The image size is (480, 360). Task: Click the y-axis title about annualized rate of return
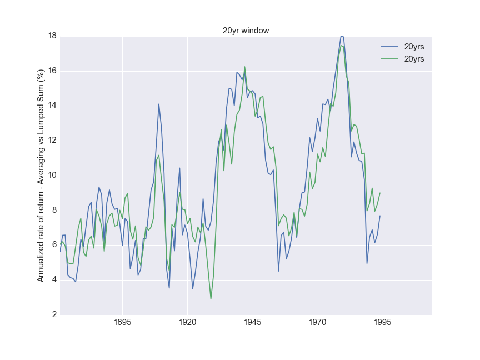[41, 176]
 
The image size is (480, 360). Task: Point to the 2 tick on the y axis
[53, 314]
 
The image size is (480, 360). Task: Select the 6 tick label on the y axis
[53, 245]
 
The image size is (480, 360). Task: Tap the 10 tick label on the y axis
[51, 176]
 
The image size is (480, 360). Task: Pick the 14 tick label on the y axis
[51, 106]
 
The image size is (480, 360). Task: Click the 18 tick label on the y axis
[51, 36]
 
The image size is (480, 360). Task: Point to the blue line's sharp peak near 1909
[159, 104]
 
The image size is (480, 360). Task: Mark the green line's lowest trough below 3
[211, 299]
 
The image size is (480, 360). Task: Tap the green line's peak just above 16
[244, 67]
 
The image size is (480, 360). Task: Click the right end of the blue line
[380, 216]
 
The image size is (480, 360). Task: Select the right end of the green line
[380, 193]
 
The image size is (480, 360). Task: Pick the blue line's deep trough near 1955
[279, 271]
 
